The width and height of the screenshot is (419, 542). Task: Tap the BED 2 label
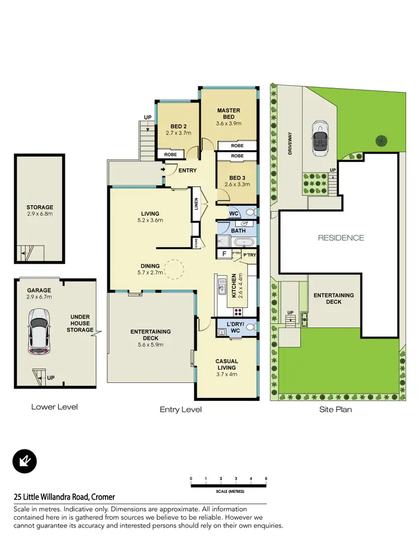coord(179,130)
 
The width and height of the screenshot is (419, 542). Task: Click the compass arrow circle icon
coord(24,461)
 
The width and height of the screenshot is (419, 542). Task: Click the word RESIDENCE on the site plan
coord(341,238)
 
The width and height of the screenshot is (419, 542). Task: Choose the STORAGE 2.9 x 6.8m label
coord(40,210)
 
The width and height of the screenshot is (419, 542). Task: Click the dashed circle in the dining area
coord(172,270)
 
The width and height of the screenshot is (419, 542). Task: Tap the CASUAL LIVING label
coord(226,364)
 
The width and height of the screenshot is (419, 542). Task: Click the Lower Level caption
coord(54,407)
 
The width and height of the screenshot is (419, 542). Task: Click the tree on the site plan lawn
coord(381,140)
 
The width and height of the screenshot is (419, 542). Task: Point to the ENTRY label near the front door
coord(187,170)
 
